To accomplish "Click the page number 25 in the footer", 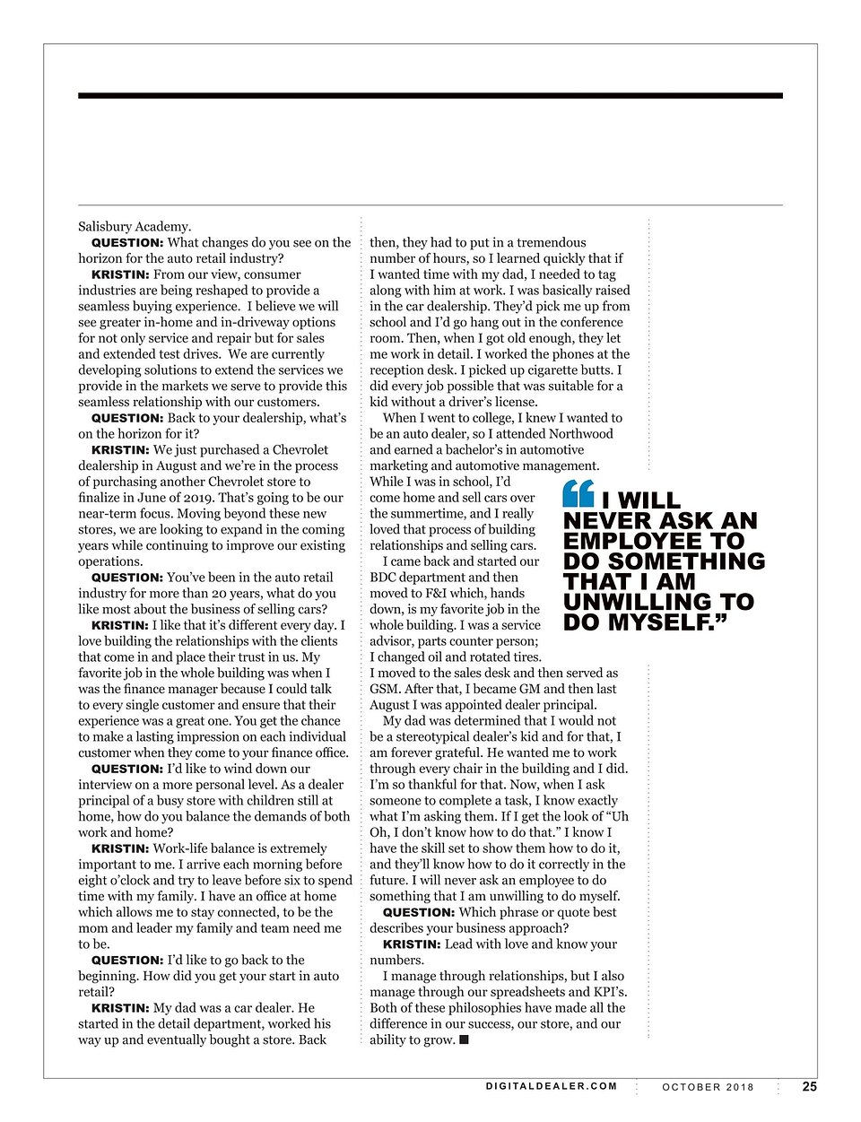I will tap(809, 1086).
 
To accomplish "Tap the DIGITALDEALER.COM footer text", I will tap(552, 1086).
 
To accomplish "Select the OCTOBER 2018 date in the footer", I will tap(709, 1087).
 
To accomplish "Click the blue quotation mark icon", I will tap(578, 493).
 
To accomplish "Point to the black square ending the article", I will tap(464, 1040).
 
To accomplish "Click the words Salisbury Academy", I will tap(135, 226).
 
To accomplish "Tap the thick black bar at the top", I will tap(430, 95).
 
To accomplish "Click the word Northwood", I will tap(581, 434).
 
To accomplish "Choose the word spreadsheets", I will tap(526, 992).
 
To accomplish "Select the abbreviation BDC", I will tap(385, 578).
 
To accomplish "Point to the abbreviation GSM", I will tap(385, 689).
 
